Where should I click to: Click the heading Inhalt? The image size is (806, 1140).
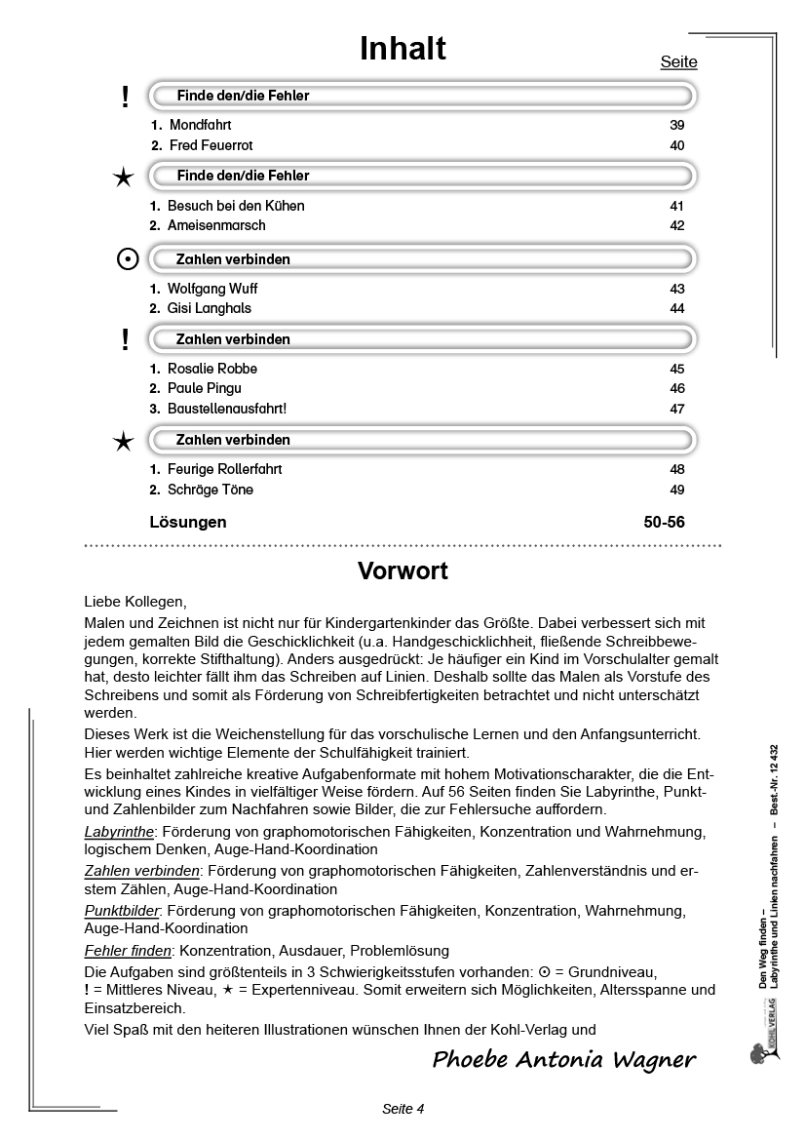click(x=403, y=49)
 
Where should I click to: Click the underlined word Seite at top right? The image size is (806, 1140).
click(x=678, y=62)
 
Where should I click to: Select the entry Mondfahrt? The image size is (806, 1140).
click(x=200, y=126)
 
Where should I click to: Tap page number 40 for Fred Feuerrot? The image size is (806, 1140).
click(x=677, y=145)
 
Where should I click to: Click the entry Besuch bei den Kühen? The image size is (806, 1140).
click(x=236, y=206)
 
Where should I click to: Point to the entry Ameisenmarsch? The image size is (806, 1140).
click(x=216, y=225)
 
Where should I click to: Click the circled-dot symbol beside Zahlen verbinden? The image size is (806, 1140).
click(x=127, y=259)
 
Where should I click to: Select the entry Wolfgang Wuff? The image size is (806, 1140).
click(x=212, y=289)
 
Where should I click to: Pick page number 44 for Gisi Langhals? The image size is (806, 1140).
click(x=677, y=308)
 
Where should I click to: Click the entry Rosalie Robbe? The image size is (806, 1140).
click(x=212, y=369)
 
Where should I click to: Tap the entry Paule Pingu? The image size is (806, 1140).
click(x=205, y=388)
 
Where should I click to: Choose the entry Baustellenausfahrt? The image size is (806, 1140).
click(x=227, y=409)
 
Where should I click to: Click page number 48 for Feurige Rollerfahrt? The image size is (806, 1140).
click(x=677, y=469)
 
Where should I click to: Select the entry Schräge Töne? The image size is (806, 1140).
click(x=211, y=490)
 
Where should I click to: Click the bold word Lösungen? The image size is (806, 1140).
click(x=188, y=522)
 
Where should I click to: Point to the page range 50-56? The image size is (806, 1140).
click(x=664, y=522)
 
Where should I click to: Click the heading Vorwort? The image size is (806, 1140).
click(x=403, y=570)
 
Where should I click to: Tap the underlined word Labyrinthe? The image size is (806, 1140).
click(x=119, y=832)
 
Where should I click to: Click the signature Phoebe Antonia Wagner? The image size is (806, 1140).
click(x=564, y=1060)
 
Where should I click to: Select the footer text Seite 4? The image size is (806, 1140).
click(x=403, y=1109)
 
